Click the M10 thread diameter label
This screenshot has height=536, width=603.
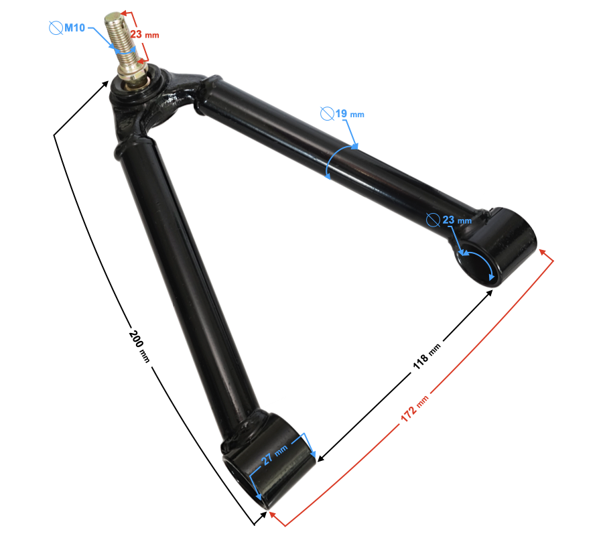pyautogui.click(x=74, y=27)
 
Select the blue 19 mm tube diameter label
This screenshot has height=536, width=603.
pyautogui.click(x=349, y=114)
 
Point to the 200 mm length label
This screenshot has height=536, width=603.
pyautogui.click(x=139, y=346)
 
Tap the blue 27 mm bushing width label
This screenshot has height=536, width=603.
pyautogui.click(x=272, y=456)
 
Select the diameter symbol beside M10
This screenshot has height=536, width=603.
pyautogui.click(x=56, y=27)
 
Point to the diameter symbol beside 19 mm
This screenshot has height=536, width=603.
pyautogui.click(x=327, y=113)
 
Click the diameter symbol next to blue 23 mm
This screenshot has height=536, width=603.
pyautogui.click(x=433, y=219)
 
